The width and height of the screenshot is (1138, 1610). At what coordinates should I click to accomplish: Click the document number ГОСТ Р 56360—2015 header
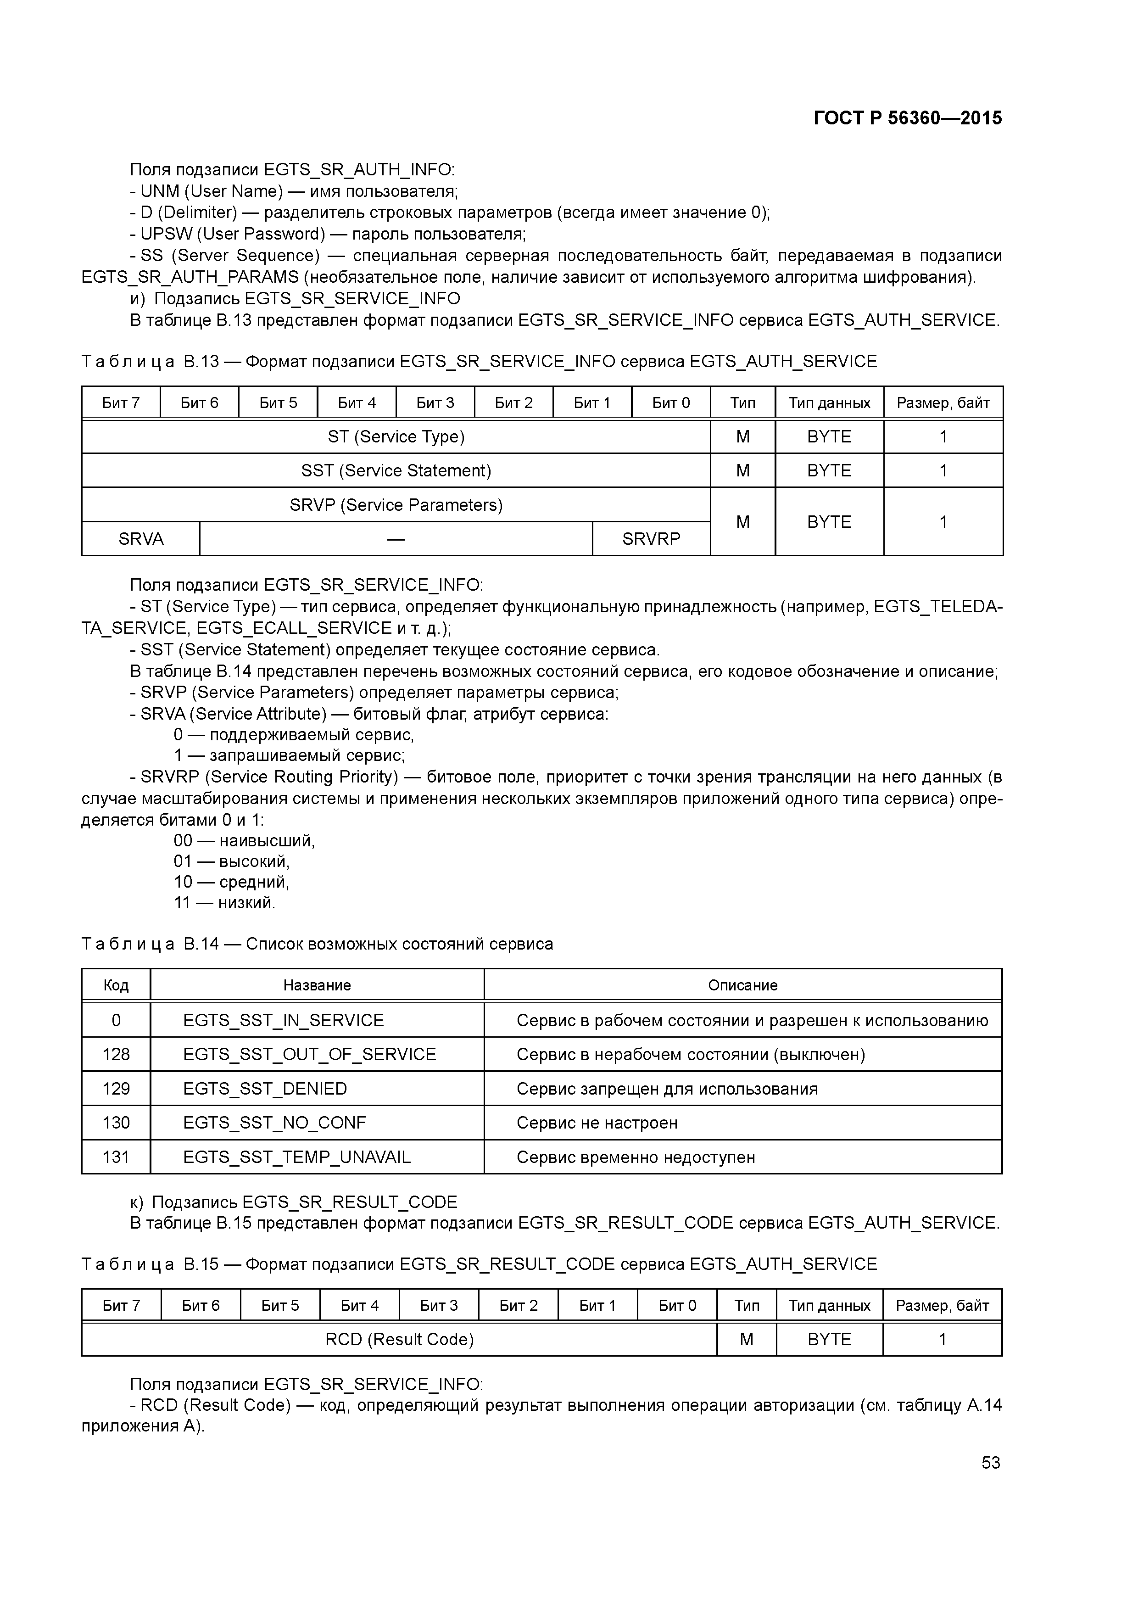click(x=907, y=118)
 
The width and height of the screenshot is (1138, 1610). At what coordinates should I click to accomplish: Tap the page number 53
click(x=990, y=1462)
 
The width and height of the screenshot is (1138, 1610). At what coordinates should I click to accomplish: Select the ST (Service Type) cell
click(x=396, y=437)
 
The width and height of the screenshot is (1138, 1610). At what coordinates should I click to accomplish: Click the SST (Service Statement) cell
click(x=396, y=470)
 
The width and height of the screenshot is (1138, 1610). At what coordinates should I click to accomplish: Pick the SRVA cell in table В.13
click(x=141, y=538)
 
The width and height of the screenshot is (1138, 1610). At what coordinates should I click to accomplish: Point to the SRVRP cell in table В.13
click(x=651, y=538)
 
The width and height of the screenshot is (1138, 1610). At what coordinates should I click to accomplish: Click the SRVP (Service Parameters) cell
click(x=396, y=505)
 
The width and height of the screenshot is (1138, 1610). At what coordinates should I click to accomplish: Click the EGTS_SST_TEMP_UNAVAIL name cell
click(x=296, y=1157)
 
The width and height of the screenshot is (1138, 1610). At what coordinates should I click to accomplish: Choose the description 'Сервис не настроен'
click(x=597, y=1123)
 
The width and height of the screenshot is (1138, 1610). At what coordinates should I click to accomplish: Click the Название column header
click(x=317, y=985)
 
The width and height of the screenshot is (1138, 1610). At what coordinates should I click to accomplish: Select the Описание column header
click(x=742, y=985)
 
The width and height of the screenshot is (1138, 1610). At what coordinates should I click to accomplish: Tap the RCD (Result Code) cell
click(x=399, y=1339)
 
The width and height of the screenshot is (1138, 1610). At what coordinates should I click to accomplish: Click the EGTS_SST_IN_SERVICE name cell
click(x=283, y=1020)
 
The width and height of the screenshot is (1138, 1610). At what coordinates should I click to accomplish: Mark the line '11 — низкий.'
click(x=224, y=902)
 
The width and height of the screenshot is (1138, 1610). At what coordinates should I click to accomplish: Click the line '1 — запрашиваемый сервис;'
click(x=289, y=755)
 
